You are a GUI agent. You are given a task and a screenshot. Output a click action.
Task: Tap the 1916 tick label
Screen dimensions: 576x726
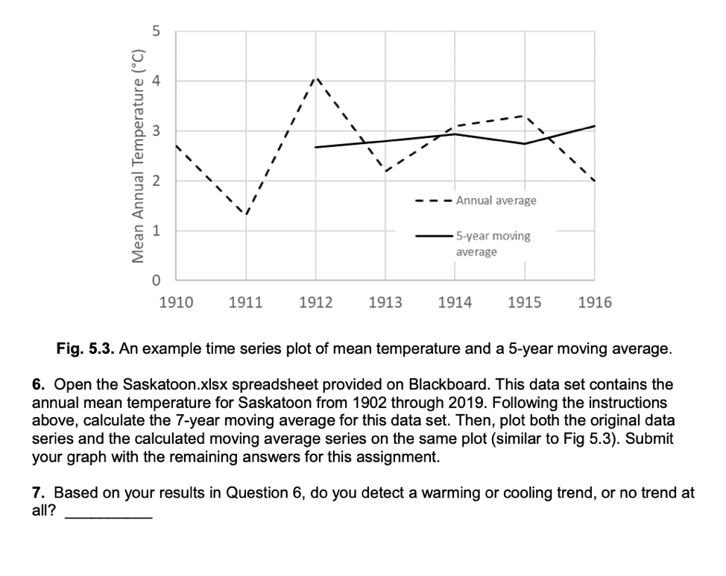point(594,303)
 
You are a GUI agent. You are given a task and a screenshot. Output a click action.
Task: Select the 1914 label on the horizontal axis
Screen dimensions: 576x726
point(455,303)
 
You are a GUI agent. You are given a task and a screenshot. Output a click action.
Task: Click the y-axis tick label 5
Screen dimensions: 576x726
point(155,31)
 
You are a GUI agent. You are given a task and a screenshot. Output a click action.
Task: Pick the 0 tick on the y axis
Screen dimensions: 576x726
point(155,281)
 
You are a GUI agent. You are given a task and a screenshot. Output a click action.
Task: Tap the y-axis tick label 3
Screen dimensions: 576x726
point(155,131)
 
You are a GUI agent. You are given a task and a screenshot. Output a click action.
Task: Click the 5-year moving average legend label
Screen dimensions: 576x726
point(493,243)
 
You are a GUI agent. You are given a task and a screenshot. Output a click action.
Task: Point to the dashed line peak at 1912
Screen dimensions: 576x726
point(316,78)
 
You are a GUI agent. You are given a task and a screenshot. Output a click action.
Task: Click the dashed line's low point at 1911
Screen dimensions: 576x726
point(246,214)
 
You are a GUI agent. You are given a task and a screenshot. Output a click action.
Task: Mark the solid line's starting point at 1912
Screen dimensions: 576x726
point(316,147)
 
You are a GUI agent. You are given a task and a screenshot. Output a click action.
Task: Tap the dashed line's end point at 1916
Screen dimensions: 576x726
point(594,181)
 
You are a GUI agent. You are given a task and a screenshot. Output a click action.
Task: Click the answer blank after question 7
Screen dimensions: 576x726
point(109,515)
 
